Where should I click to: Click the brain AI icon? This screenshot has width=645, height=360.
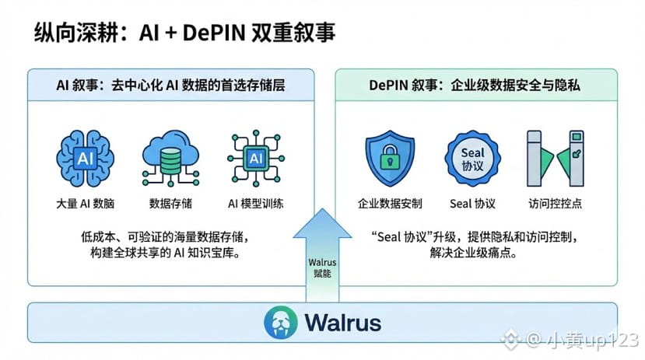coord(83,159)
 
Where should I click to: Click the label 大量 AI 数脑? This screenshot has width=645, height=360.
coord(83,204)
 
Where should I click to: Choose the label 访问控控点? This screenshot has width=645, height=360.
coord(554,204)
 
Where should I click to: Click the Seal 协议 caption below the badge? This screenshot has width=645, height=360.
coord(472,204)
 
